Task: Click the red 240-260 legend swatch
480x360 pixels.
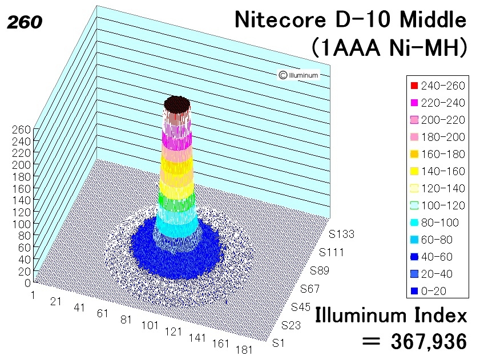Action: (414, 86)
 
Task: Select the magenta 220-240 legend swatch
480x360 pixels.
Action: (414, 103)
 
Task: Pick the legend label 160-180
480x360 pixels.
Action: (443, 154)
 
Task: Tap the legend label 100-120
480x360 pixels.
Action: (443, 205)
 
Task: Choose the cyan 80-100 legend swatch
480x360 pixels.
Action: (414, 223)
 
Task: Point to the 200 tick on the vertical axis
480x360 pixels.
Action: (21, 165)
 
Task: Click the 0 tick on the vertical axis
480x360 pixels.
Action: (27, 283)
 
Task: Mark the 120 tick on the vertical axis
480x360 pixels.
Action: (21, 212)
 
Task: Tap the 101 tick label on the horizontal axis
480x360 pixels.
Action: (150, 325)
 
